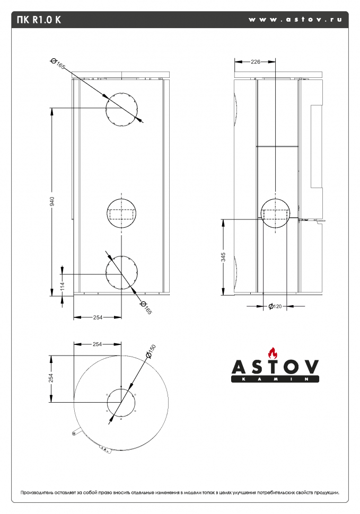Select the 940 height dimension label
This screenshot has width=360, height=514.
(x=52, y=201)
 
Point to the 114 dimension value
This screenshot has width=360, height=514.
(x=62, y=287)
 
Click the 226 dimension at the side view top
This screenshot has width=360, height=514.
(x=255, y=62)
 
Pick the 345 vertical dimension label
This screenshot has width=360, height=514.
(x=223, y=257)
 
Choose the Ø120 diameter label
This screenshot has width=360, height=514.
(x=274, y=306)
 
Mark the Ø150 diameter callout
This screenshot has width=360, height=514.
(x=150, y=351)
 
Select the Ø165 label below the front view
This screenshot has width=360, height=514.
(x=145, y=308)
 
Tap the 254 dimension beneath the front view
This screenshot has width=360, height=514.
(x=98, y=317)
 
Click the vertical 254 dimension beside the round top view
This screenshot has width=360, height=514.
(x=51, y=377)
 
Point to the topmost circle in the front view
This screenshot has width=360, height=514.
(x=121, y=110)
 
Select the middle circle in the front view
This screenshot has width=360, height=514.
(x=121, y=214)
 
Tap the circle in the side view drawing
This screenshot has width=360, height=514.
(x=276, y=214)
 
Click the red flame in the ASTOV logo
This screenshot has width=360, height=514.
(x=273, y=353)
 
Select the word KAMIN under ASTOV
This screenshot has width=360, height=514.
(x=275, y=380)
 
